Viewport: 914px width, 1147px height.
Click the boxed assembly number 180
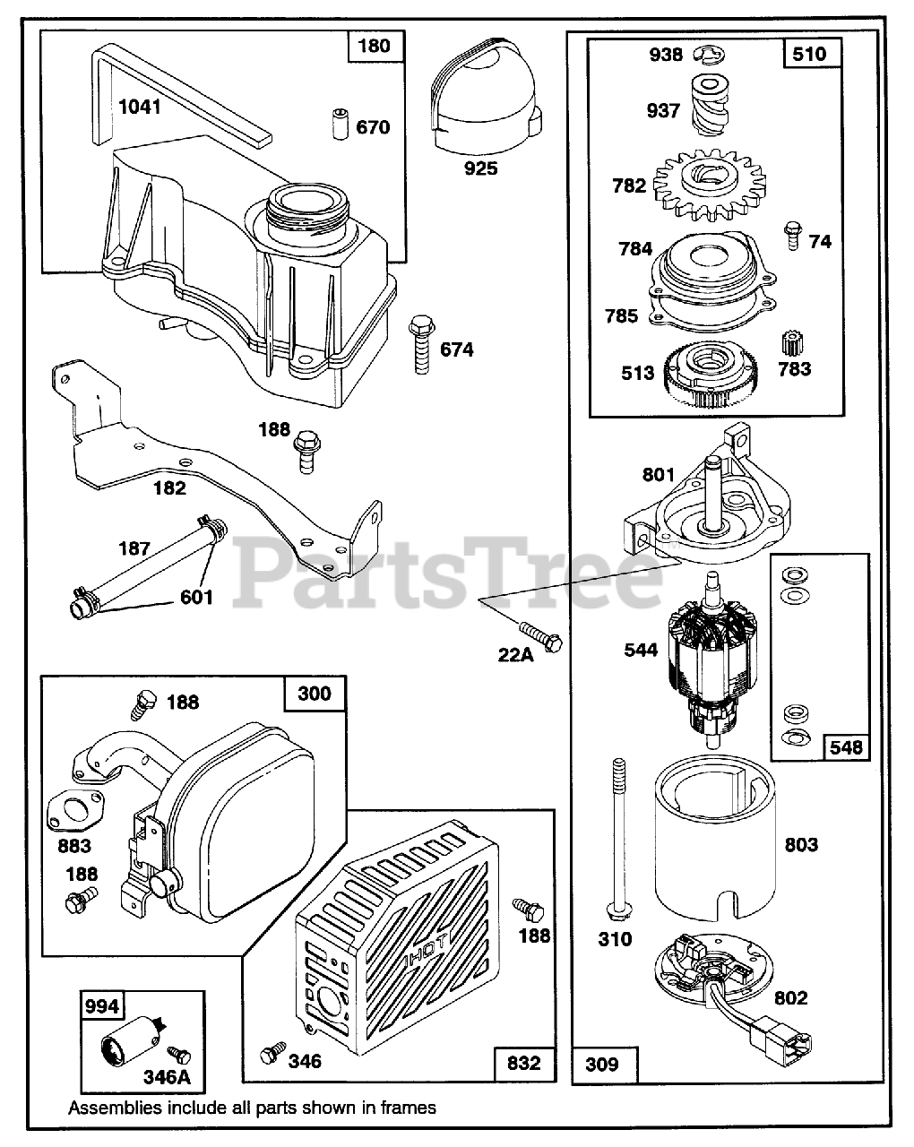374,45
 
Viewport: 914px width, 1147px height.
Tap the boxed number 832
524,1063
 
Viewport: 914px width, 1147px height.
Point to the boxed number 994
101,1006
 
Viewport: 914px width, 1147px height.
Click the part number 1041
140,108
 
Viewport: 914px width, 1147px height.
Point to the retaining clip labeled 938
714,55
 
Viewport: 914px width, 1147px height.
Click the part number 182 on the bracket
169,487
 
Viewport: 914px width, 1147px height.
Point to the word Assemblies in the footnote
116,1108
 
